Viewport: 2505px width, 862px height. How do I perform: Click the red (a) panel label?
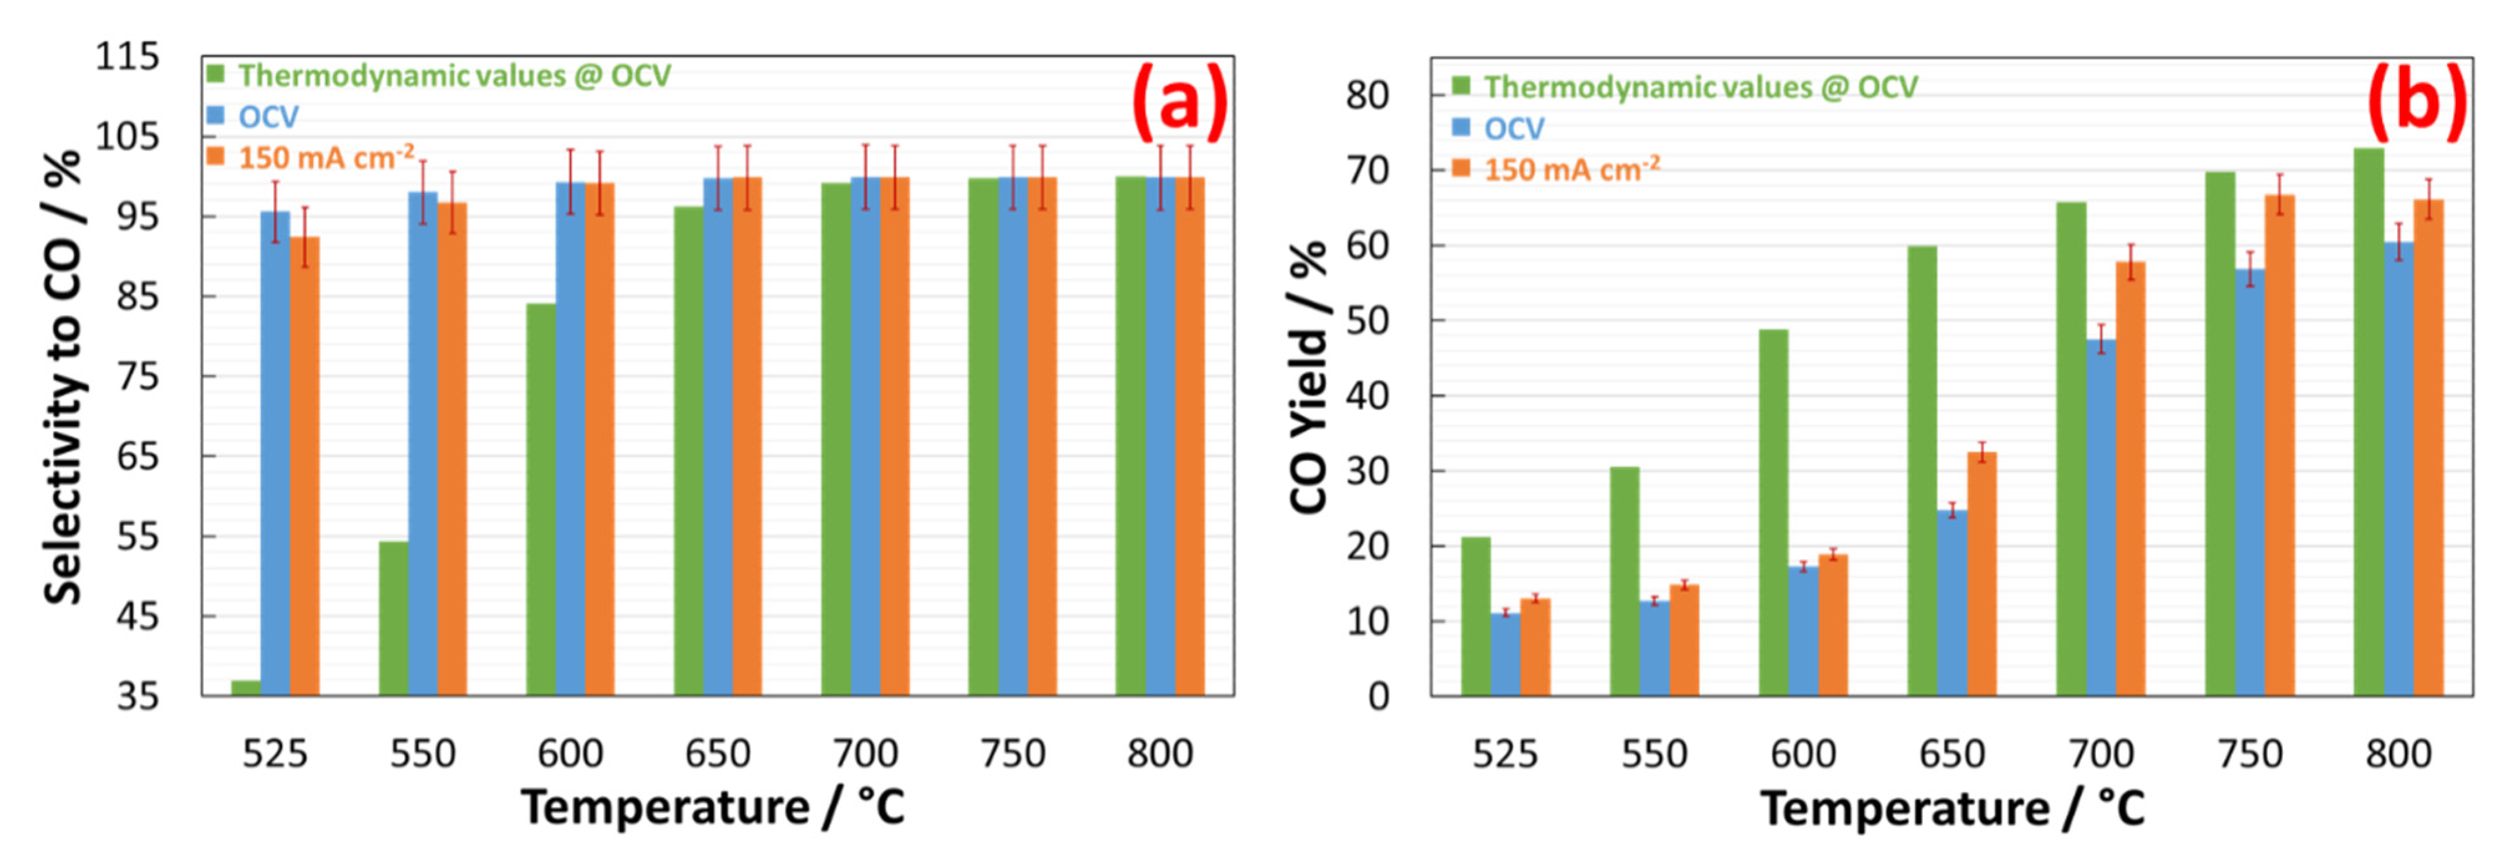point(1179,101)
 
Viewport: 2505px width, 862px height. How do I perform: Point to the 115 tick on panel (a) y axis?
point(126,57)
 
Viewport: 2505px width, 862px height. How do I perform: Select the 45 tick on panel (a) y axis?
point(137,616)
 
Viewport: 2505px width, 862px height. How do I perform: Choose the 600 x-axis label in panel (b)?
point(1803,754)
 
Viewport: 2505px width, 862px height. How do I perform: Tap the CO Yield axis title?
point(1309,377)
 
